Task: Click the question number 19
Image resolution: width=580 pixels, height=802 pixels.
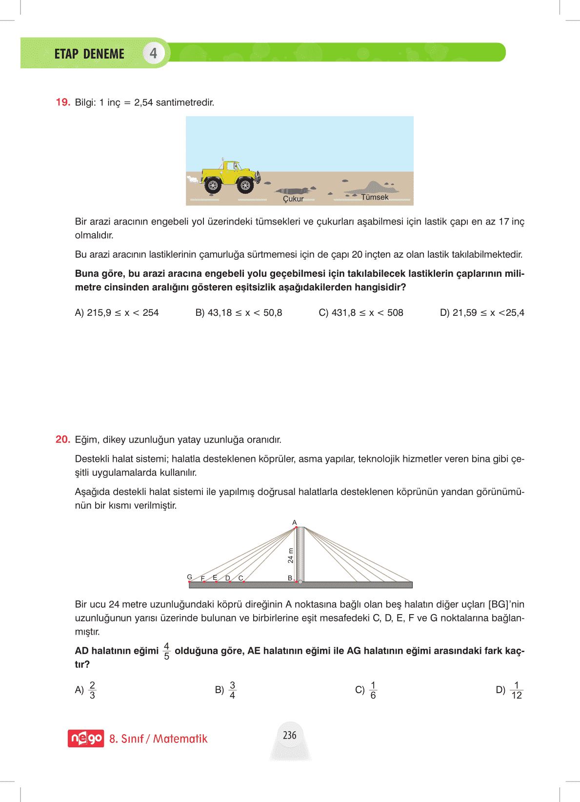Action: (63, 103)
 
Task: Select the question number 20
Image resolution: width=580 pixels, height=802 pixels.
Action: (63, 440)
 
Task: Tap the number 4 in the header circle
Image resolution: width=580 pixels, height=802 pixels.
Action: (153, 53)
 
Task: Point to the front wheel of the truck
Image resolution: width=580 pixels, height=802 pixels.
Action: (245, 185)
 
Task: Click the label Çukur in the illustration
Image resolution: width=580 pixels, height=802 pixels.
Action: (293, 199)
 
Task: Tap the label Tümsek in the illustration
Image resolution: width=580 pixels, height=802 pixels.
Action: (375, 197)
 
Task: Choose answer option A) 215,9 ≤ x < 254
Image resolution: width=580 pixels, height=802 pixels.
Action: (117, 313)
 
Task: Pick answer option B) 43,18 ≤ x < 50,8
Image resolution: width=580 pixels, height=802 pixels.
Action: (239, 313)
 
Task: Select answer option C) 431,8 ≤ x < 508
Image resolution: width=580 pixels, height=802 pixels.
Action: (361, 313)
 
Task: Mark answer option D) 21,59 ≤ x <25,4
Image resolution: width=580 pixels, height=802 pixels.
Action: (482, 313)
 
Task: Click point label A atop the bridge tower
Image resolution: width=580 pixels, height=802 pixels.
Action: (294, 523)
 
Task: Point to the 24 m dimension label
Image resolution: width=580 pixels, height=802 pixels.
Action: (291, 556)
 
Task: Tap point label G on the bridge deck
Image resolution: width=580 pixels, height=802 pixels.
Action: (190, 577)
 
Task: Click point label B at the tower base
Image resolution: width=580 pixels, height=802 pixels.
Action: (290, 578)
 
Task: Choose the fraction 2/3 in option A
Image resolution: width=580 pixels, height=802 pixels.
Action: (92, 690)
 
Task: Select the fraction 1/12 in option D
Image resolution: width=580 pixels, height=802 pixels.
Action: (517, 690)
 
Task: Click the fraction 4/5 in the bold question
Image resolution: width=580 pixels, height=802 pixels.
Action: (166, 651)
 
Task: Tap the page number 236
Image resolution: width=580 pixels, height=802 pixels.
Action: (290, 735)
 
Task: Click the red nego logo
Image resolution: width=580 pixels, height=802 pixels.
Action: (86, 738)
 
